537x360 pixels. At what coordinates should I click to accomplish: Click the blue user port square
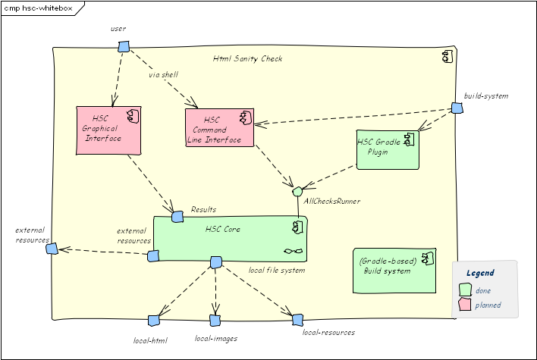(x=124, y=47)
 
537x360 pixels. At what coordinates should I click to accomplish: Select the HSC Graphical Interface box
(x=109, y=130)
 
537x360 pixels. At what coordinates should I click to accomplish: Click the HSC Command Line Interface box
(x=219, y=127)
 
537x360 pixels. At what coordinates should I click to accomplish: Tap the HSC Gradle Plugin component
(x=387, y=149)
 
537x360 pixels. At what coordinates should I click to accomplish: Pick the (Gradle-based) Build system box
(x=394, y=270)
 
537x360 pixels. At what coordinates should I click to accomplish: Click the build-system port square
(x=457, y=108)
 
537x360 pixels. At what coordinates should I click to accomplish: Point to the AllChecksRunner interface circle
(x=297, y=191)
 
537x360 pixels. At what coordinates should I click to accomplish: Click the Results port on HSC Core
(x=177, y=218)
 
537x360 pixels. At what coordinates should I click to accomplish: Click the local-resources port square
(x=297, y=320)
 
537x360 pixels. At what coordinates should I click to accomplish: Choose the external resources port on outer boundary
(x=52, y=248)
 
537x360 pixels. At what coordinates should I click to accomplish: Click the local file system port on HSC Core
(x=215, y=262)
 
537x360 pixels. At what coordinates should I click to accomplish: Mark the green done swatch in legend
(x=465, y=290)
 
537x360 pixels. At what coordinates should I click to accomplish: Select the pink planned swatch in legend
(x=465, y=305)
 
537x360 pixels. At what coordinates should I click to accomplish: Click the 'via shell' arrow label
(x=163, y=75)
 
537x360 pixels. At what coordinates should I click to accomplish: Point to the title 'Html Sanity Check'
(x=247, y=59)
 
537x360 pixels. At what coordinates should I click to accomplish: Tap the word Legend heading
(x=480, y=273)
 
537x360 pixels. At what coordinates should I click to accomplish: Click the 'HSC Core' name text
(x=223, y=228)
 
